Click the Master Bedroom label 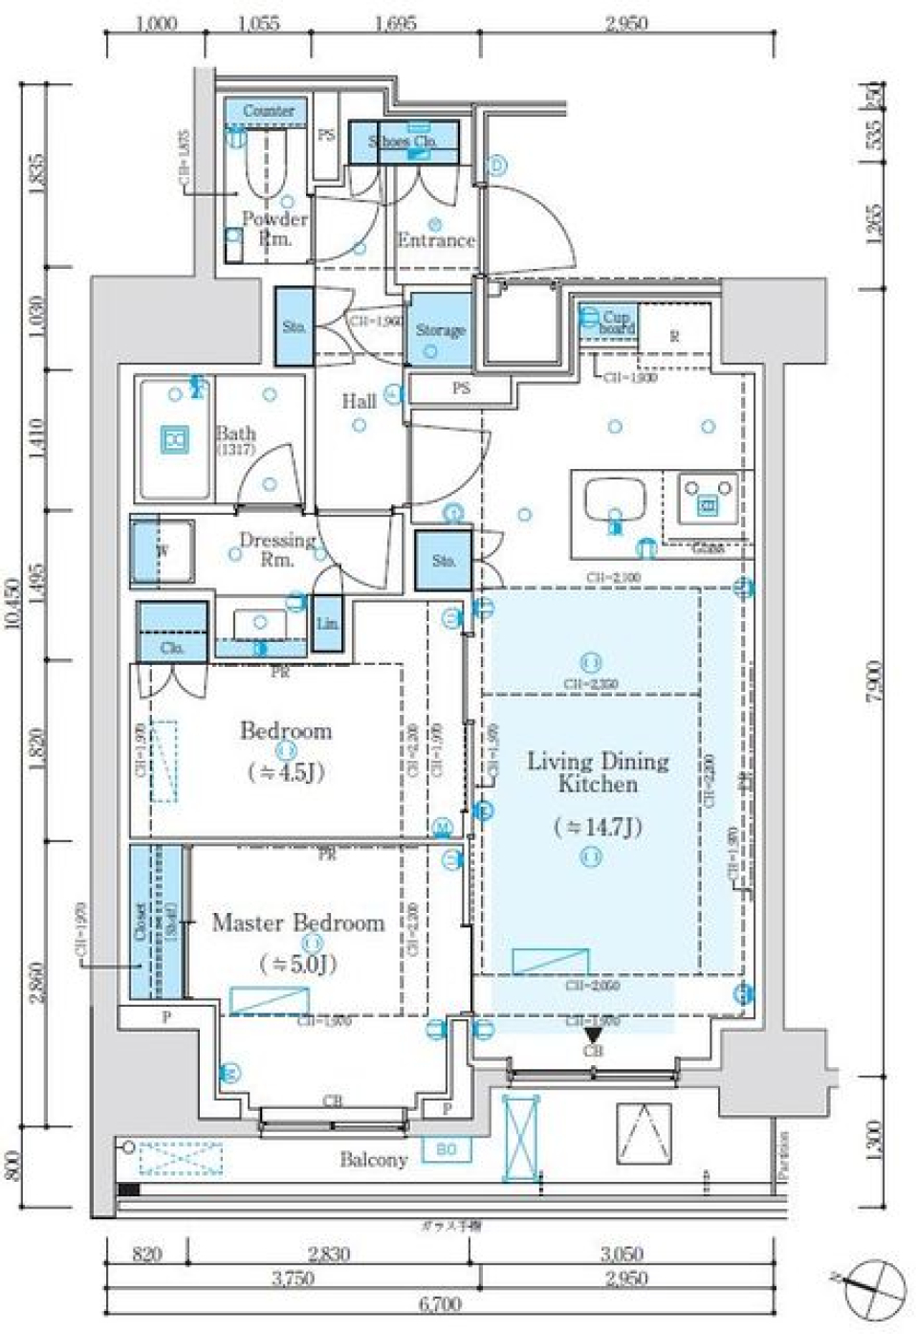(297, 923)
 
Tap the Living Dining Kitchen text (598, 772)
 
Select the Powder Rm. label (274, 228)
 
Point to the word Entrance (436, 240)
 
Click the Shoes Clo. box (403, 141)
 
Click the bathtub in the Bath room (175, 441)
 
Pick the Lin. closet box (327, 624)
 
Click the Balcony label (373, 1160)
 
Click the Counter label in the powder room (268, 111)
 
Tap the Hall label (359, 401)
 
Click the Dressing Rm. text (276, 548)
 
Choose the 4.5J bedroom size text (285, 771)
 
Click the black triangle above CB (593, 1034)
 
